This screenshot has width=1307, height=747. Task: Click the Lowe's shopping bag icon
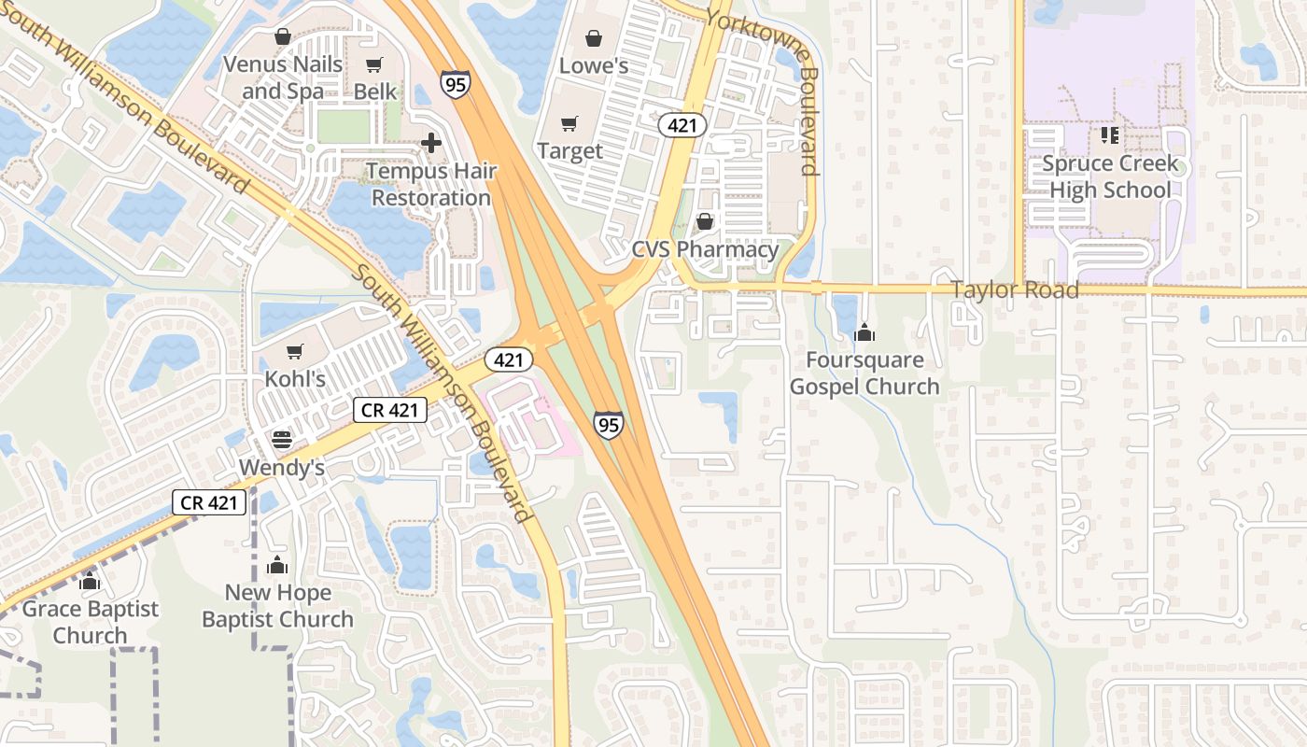(x=593, y=38)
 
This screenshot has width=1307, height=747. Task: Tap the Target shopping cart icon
(x=569, y=124)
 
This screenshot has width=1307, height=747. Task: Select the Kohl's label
(x=295, y=379)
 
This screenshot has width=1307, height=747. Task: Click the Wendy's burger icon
(x=282, y=440)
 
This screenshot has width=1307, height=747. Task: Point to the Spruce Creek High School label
(x=1109, y=177)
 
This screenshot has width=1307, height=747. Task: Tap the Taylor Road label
(x=1015, y=289)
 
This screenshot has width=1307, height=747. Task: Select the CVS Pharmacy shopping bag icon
(x=705, y=221)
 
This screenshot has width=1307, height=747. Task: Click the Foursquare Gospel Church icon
(x=864, y=332)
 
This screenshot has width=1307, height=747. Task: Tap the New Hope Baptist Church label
(x=277, y=606)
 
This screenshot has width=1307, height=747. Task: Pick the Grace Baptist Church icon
(x=90, y=582)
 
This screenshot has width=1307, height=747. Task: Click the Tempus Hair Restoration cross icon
(x=431, y=143)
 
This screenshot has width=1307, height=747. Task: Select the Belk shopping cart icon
(x=374, y=64)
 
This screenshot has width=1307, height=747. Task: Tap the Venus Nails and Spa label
(x=282, y=78)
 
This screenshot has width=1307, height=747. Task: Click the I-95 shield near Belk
(x=456, y=82)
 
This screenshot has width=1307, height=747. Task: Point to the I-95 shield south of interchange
(x=608, y=426)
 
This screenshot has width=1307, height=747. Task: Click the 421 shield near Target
(x=682, y=125)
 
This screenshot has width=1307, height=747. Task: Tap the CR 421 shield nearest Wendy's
(x=390, y=409)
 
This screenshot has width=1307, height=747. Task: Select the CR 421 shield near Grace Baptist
(x=210, y=502)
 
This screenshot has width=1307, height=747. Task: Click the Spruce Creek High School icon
(x=1109, y=135)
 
